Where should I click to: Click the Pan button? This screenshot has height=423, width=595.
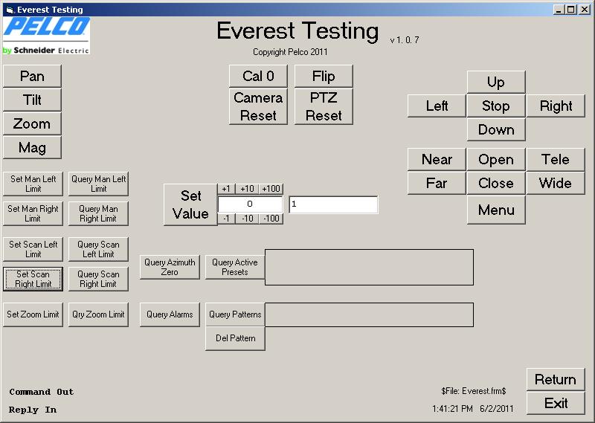click(32, 77)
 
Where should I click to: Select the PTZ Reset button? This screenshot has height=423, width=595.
click(324, 106)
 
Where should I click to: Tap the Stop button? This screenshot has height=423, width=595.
click(496, 106)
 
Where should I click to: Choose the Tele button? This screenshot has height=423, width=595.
click(556, 159)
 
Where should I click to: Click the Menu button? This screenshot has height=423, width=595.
click(496, 210)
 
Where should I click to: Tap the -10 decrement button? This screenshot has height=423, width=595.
click(248, 219)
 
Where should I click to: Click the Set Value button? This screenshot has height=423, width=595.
click(190, 205)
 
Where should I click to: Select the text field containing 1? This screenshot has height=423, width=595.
click(333, 204)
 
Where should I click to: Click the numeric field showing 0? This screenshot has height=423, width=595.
click(250, 204)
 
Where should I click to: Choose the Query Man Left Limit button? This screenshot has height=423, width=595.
click(98, 184)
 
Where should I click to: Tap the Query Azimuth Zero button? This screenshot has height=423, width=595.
click(170, 267)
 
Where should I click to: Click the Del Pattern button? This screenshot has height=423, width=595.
click(235, 338)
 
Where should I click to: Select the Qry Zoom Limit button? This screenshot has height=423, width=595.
click(98, 314)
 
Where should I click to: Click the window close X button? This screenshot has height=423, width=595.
click(585, 10)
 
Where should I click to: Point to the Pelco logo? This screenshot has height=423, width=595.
click(46, 35)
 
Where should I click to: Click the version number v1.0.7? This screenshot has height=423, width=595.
click(405, 40)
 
